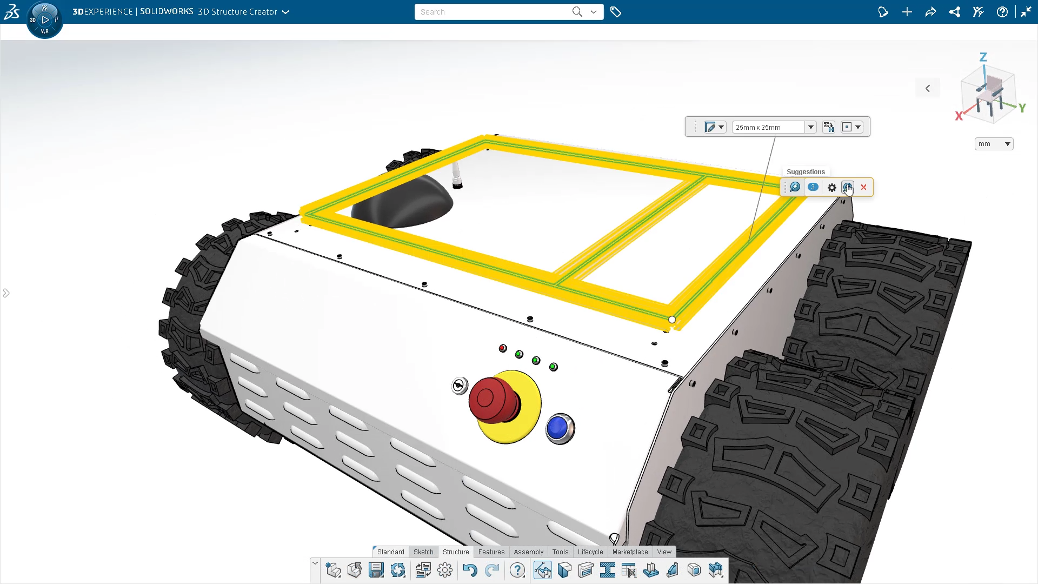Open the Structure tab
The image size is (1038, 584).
point(456,552)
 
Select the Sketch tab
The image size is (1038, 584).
point(423,552)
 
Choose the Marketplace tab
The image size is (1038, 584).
point(630,552)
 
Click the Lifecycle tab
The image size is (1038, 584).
point(590,552)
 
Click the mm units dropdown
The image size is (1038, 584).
point(994,144)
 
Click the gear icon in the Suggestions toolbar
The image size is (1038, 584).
point(831,188)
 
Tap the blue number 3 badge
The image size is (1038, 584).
point(813,187)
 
